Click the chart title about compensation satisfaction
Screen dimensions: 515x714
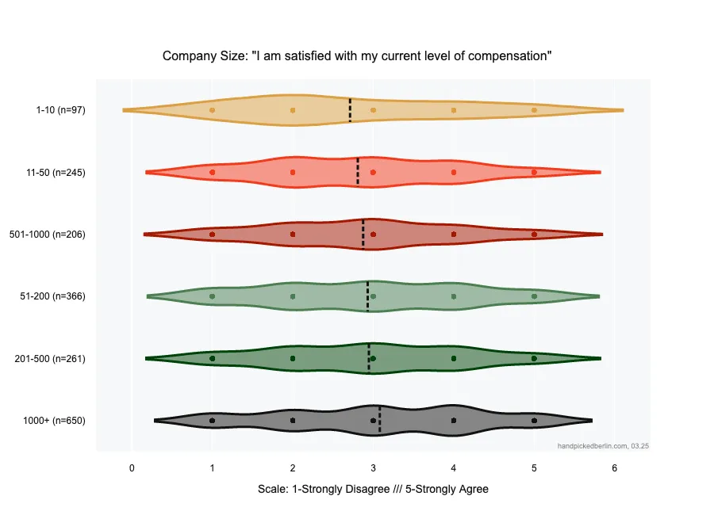(x=357, y=56)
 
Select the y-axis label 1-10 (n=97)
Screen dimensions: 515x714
(x=60, y=110)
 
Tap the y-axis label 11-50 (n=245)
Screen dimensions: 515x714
(x=56, y=172)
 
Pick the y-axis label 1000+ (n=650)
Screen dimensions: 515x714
(x=55, y=421)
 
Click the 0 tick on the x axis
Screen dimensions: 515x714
(x=132, y=468)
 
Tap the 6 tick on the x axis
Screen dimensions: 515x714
(x=615, y=468)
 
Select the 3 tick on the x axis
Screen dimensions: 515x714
(x=373, y=468)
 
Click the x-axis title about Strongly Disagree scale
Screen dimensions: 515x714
(x=373, y=490)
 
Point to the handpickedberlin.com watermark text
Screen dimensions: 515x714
(x=603, y=446)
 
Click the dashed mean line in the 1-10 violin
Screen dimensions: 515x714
(x=350, y=110)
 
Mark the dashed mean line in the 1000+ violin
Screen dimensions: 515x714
(x=380, y=420)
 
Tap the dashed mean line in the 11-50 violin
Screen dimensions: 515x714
(x=358, y=172)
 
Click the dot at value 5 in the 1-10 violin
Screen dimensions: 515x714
(x=534, y=110)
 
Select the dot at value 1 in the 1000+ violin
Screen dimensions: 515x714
(x=212, y=421)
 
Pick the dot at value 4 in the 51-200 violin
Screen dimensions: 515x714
(x=454, y=296)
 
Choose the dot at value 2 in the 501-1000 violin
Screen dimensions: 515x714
(x=293, y=235)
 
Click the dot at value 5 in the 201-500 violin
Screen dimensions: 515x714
(x=534, y=358)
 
